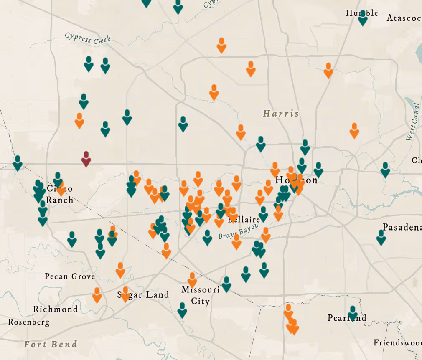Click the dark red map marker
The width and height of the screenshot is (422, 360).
(86, 159)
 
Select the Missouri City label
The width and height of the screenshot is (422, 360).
(200, 295)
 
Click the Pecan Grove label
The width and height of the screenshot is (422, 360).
(70, 276)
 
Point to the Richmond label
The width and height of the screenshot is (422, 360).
(55, 309)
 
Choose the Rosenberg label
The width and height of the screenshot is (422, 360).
(28, 322)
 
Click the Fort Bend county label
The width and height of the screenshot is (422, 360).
(51, 345)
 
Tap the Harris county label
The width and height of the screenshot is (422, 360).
(281, 113)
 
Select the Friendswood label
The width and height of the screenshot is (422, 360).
(397, 343)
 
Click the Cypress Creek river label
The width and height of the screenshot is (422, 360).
(88, 38)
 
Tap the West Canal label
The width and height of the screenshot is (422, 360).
(412, 122)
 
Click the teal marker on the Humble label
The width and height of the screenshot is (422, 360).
(363, 18)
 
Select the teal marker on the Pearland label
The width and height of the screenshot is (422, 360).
(353, 313)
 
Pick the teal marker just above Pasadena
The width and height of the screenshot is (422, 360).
(381, 237)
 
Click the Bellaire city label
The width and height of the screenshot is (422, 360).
(244, 220)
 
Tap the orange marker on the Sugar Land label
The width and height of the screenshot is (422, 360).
(125, 294)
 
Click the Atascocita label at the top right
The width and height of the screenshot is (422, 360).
(404, 18)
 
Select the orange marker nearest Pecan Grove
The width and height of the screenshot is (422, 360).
(97, 295)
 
